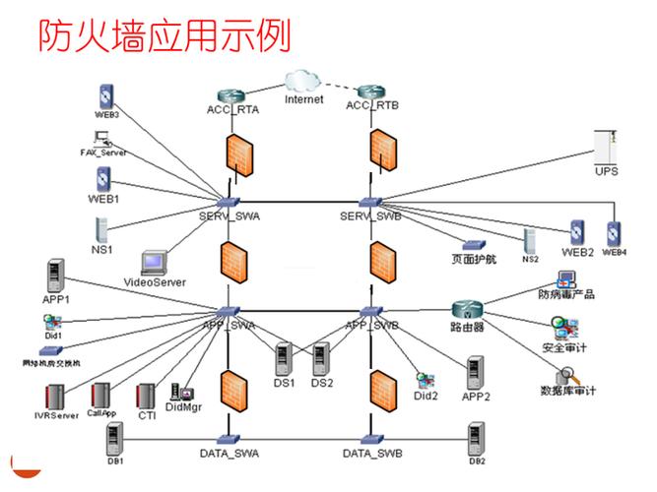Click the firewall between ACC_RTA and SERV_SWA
click(236, 153)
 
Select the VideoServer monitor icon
click(155, 263)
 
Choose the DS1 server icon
click(284, 358)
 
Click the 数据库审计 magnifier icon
click(564, 376)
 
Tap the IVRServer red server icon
click(56, 397)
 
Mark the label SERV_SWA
click(229, 215)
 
